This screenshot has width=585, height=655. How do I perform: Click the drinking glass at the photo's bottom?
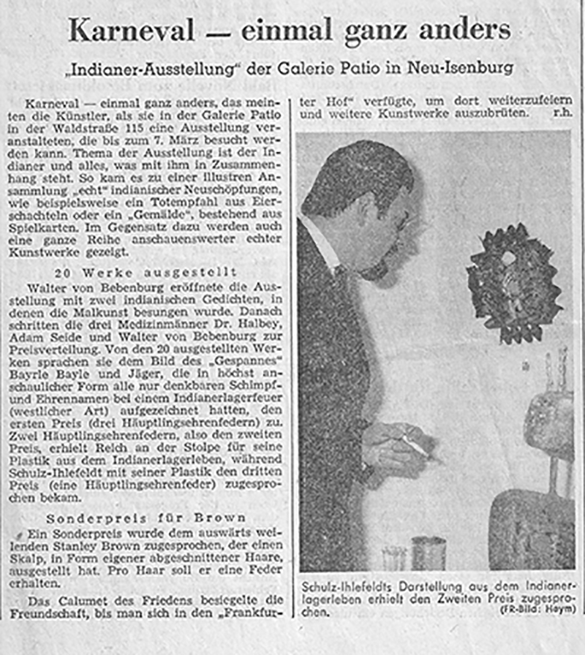pos(394,557)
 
